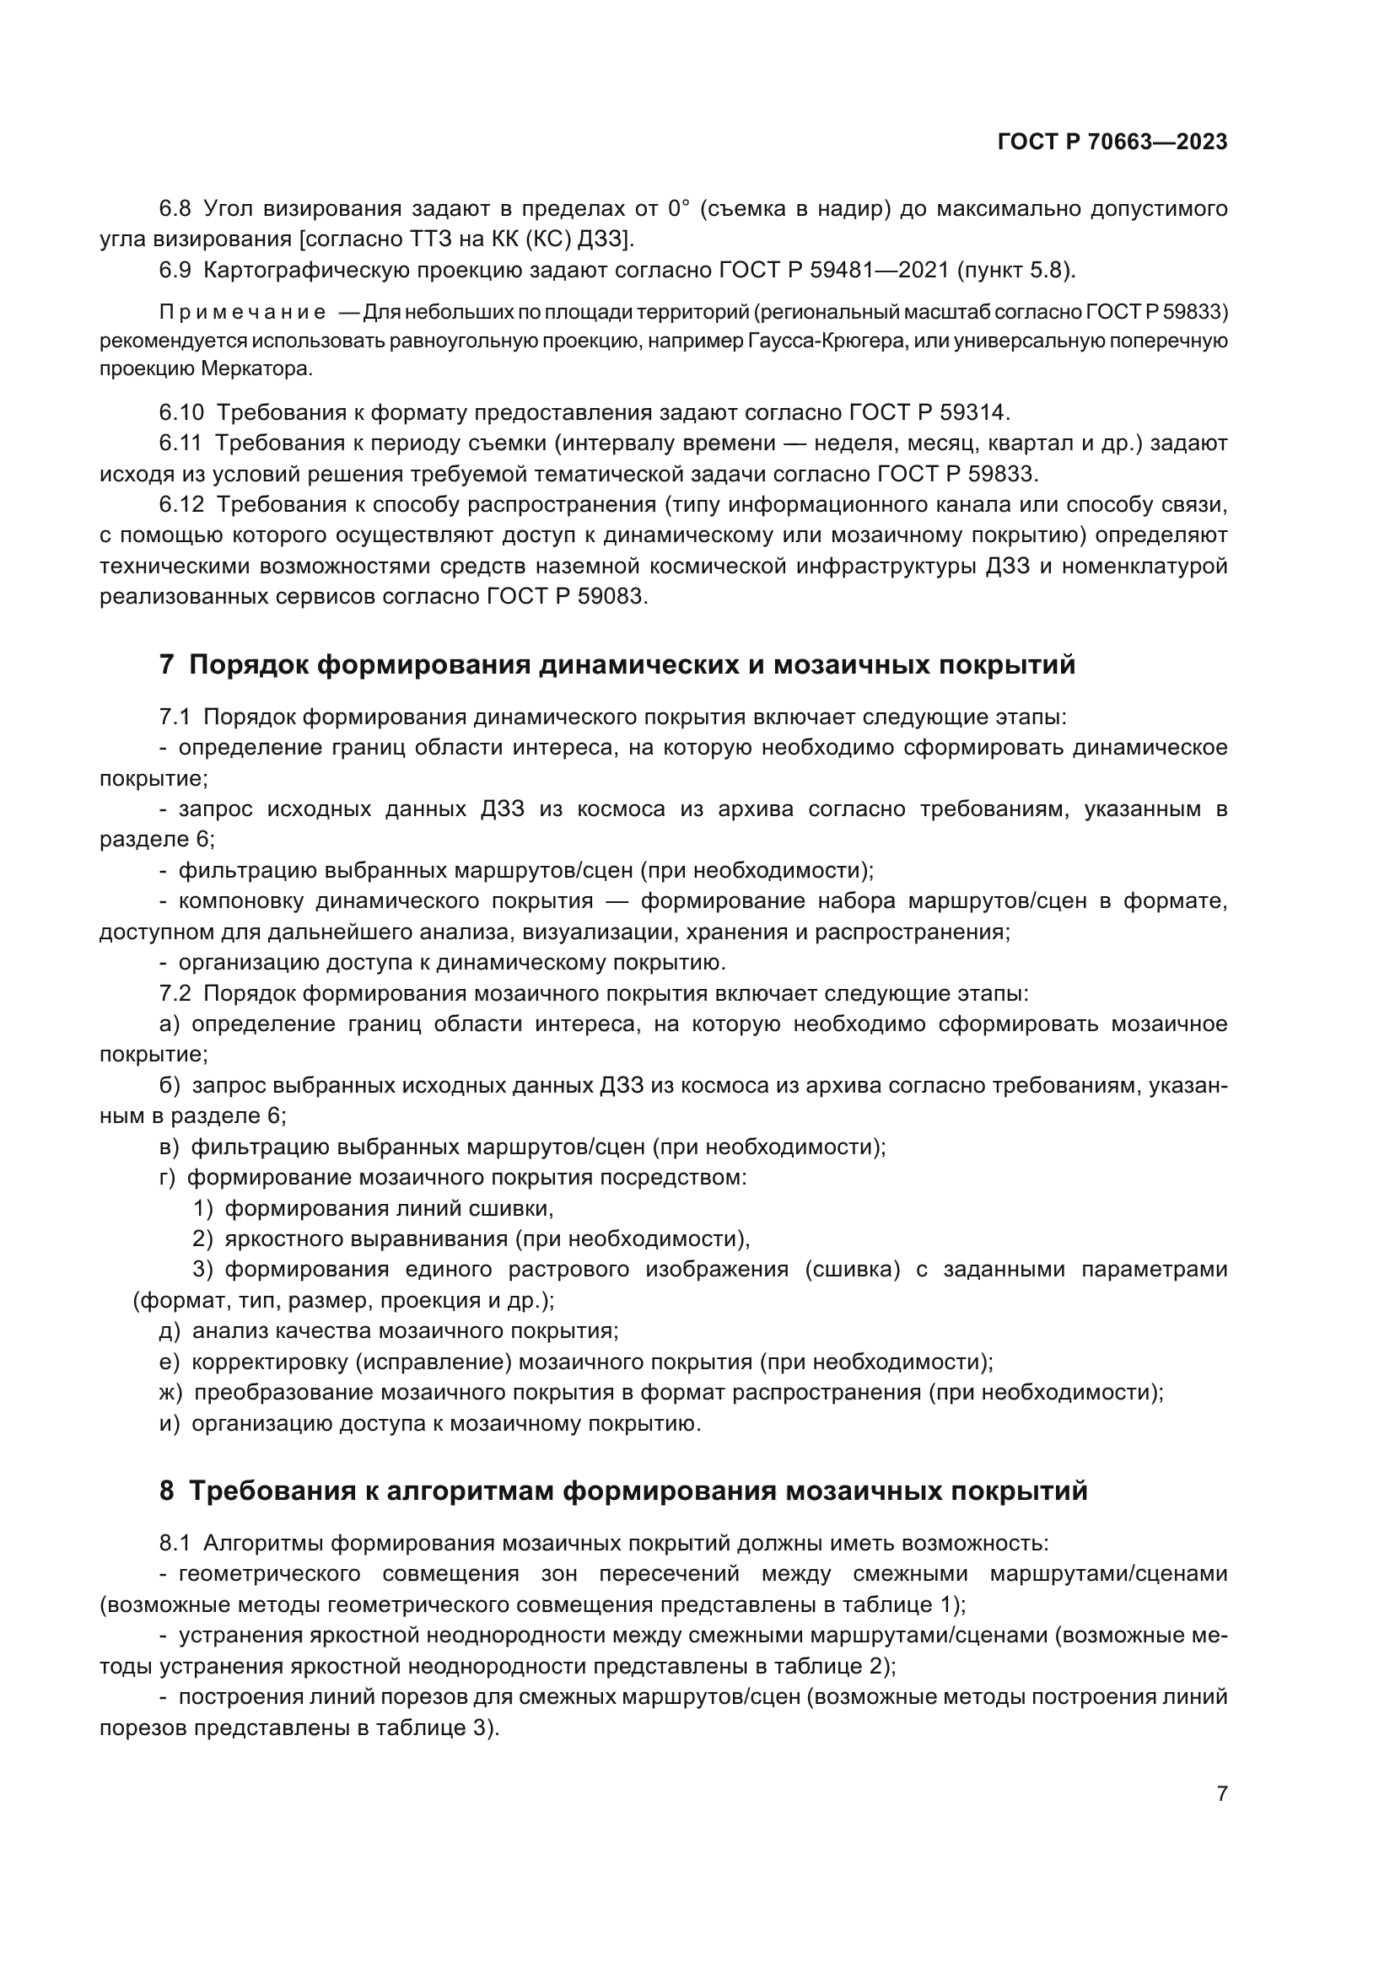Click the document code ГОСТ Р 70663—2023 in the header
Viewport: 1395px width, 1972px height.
click(1112, 142)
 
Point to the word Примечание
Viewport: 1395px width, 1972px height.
click(242, 312)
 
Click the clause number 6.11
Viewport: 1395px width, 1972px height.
click(180, 444)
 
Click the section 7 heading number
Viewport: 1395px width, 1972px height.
click(167, 666)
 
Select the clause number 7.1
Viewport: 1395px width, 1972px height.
click(175, 717)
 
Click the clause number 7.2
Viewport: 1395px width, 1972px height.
click(175, 994)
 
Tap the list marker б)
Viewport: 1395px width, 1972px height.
click(170, 1087)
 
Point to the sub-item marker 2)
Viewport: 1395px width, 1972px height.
click(202, 1239)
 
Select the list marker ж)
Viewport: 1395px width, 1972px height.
click(171, 1392)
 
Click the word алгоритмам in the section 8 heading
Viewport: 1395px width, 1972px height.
click(469, 1492)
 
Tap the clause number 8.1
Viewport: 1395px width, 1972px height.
click(175, 1544)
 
